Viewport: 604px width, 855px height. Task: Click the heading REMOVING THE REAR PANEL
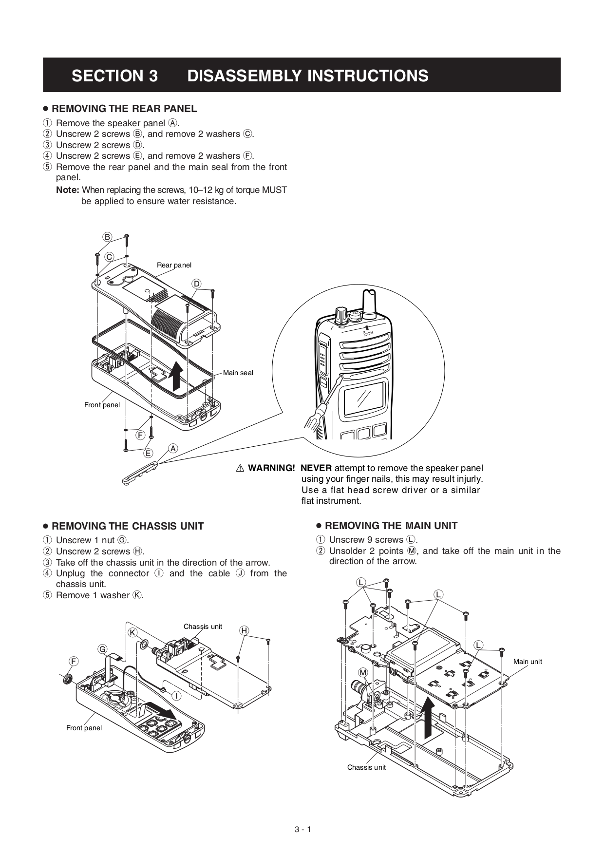tap(124, 109)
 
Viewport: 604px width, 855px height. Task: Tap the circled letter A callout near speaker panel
tap(173, 448)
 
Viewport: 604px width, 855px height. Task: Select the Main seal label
tap(238, 373)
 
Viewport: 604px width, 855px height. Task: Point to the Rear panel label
tap(174, 265)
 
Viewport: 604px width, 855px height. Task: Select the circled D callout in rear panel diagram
tap(196, 284)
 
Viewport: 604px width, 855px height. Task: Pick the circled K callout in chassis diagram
tap(132, 632)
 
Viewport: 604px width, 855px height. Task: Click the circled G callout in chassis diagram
tap(102, 649)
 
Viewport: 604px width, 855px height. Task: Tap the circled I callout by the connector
tap(176, 696)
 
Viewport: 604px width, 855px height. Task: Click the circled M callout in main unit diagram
tap(363, 672)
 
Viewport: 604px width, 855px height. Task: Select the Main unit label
tap(527, 662)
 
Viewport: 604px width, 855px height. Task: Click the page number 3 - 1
tap(302, 830)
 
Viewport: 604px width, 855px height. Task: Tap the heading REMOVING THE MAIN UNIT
tap(391, 526)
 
